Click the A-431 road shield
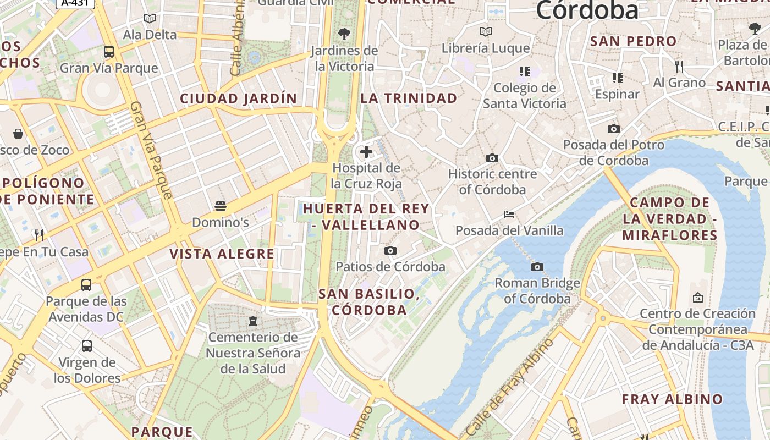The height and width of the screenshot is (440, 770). click(75, 3)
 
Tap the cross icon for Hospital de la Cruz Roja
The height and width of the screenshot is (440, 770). click(366, 152)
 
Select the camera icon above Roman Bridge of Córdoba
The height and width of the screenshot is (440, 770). click(537, 267)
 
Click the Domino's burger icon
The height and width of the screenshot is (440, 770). click(221, 206)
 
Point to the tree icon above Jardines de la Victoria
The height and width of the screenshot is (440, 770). click(344, 34)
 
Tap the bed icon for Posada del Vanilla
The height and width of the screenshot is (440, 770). click(509, 215)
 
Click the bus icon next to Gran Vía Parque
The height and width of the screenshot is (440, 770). click(109, 52)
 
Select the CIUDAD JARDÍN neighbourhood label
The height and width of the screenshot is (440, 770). click(239, 99)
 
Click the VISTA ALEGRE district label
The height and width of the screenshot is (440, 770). click(222, 254)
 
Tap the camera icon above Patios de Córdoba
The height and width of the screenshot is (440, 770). click(391, 251)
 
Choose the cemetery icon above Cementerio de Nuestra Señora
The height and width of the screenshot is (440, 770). click(253, 321)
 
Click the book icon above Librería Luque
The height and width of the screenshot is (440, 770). click(485, 31)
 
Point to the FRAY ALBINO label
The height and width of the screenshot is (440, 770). click(672, 399)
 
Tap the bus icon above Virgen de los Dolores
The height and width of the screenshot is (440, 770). click(87, 346)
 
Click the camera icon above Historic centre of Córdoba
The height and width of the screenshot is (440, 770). click(492, 158)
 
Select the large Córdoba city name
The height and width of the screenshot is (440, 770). click(587, 10)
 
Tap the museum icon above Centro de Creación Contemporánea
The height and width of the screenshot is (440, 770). click(698, 298)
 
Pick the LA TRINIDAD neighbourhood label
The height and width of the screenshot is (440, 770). click(409, 98)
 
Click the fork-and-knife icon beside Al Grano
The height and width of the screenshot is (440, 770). click(679, 67)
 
